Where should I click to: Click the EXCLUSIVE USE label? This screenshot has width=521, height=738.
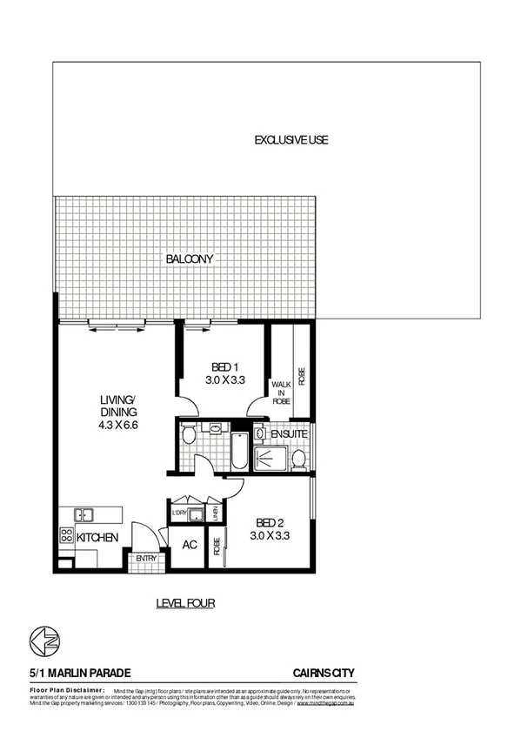[291, 140]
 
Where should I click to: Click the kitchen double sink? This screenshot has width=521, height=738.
[84, 515]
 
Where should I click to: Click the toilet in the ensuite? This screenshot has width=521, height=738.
[298, 459]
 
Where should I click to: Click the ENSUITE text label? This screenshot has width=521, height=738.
[288, 433]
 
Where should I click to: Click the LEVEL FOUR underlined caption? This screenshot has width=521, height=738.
[185, 602]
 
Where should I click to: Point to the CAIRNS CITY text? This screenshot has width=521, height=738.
[324, 673]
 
